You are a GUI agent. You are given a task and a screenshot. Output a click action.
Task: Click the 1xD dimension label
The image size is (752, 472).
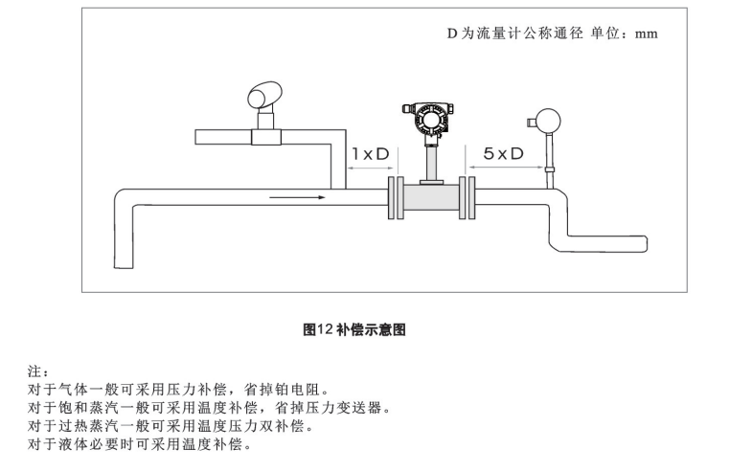pyautogui.click(x=370, y=153)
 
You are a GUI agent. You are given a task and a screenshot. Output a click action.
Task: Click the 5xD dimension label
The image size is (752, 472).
pyautogui.click(x=503, y=153)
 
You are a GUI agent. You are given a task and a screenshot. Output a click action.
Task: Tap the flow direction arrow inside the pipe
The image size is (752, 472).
pyautogui.click(x=297, y=199)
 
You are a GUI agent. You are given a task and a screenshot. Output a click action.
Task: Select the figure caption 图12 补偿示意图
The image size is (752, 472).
pyautogui.click(x=354, y=329)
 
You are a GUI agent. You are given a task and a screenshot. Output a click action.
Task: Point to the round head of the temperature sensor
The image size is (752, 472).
pyautogui.click(x=549, y=121)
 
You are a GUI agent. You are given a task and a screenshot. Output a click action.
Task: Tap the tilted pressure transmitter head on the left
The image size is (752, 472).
pyautogui.click(x=263, y=95)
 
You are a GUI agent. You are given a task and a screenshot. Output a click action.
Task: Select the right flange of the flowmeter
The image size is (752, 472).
pyautogui.click(x=467, y=198)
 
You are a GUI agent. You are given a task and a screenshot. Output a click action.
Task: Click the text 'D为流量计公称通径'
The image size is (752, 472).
pyautogui.click(x=513, y=33)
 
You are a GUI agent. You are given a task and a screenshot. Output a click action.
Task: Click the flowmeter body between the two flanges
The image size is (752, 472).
pyautogui.click(x=430, y=199)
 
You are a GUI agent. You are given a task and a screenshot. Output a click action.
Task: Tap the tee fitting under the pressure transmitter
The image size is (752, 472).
pyautogui.click(x=264, y=136)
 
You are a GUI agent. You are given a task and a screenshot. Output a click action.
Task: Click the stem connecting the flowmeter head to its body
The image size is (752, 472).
pyautogui.click(x=430, y=158)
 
